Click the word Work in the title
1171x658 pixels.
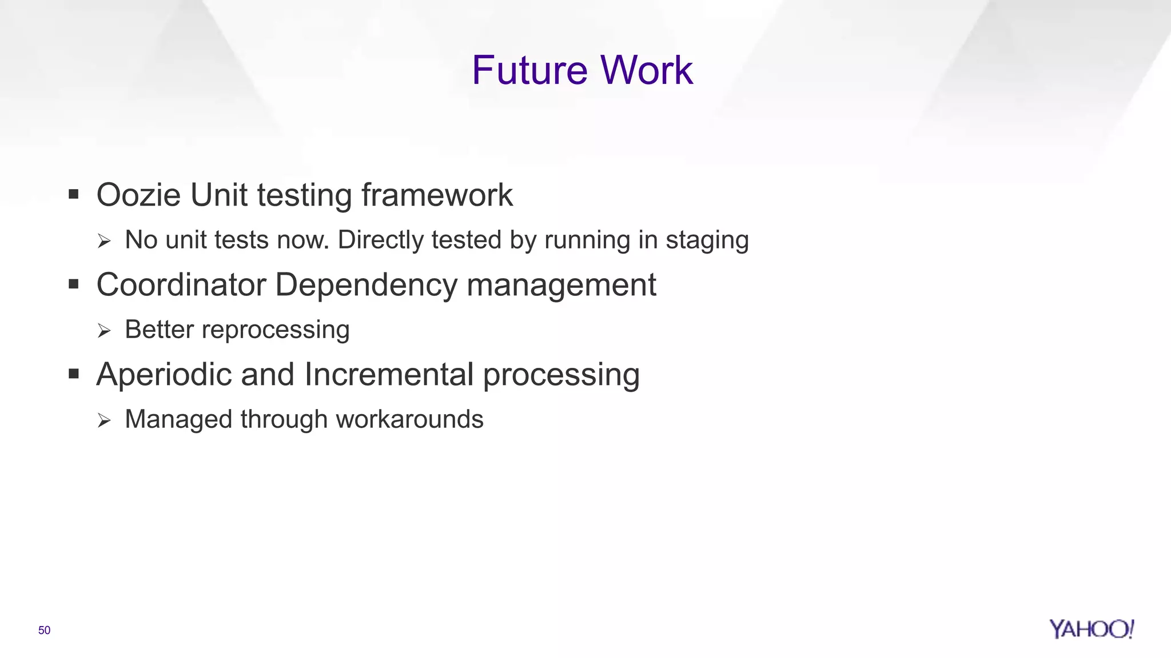coord(647,70)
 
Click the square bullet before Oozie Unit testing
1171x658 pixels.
coord(73,195)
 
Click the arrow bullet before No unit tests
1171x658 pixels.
coord(104,241)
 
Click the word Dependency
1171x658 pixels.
coord(366,284)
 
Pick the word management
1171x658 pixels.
coord(561,284)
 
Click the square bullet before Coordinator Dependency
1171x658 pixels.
coord(73,284)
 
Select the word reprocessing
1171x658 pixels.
coord(276,330)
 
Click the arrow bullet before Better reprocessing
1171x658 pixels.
coord(104,331)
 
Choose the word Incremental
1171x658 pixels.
coord(389,375)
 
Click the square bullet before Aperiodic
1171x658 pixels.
coord(73,374)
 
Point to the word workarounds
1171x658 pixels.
coord(409,419)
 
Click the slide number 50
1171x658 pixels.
coord(45,630)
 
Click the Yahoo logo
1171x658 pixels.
coord(1091,629)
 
